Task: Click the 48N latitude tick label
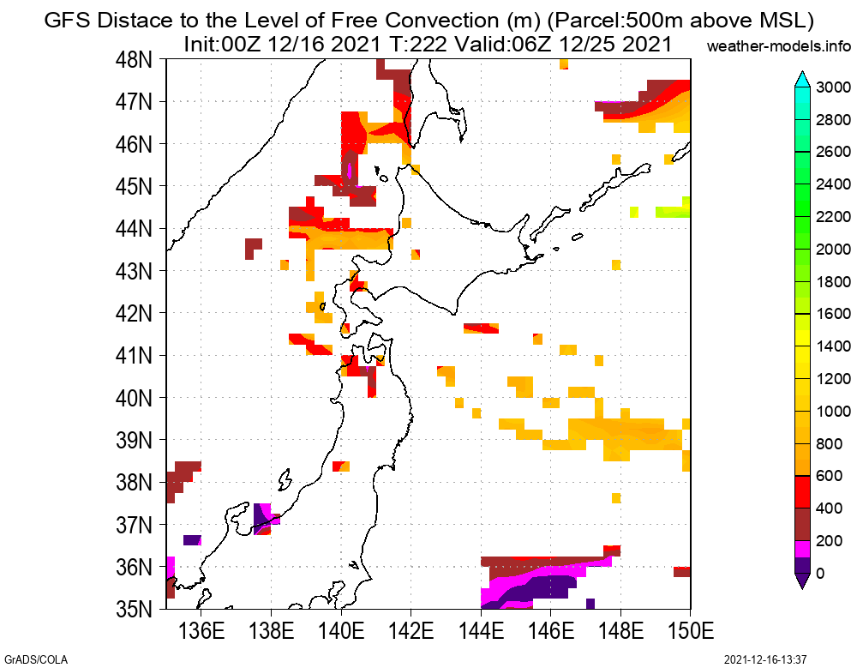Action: (135, 60)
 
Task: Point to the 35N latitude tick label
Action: (135, 610)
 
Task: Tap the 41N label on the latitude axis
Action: (135, 356)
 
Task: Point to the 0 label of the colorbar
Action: (821, 574)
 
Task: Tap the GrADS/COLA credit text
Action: (34, 659)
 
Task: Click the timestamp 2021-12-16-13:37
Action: (765, 659)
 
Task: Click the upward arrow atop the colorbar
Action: (802, 79)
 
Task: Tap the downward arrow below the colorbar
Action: (802, 581)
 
